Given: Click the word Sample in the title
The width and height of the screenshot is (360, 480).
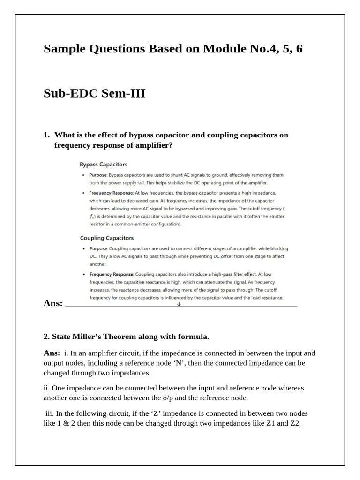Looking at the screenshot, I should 63,49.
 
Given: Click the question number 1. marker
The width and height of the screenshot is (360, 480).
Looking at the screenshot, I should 46,135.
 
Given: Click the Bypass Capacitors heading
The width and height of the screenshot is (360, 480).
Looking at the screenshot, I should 103,165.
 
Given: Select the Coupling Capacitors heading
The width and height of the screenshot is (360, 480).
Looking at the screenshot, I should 106,238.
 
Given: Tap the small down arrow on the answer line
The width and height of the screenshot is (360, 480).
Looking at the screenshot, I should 179,304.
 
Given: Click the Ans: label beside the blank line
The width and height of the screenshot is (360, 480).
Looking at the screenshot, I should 52,304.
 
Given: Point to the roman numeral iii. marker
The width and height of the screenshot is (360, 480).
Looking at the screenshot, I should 50,414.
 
